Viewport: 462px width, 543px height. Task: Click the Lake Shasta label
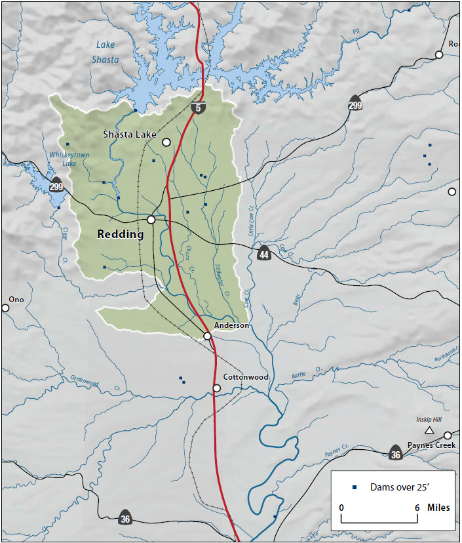107,52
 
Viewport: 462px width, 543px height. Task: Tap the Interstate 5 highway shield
197,107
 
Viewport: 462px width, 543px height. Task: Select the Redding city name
120,234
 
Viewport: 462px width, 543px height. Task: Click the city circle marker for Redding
151,220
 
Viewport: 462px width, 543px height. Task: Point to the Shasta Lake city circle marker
166,142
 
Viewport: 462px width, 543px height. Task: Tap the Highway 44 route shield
263,252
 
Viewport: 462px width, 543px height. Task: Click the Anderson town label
231,325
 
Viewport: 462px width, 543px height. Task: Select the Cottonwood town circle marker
216,388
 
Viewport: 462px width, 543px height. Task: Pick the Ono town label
16,300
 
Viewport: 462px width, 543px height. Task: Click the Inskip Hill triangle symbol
429,430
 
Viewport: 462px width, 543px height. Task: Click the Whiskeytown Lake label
69,159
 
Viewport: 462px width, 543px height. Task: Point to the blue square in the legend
355,487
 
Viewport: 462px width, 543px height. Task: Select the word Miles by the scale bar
438,508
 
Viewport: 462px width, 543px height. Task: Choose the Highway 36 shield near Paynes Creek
395,452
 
